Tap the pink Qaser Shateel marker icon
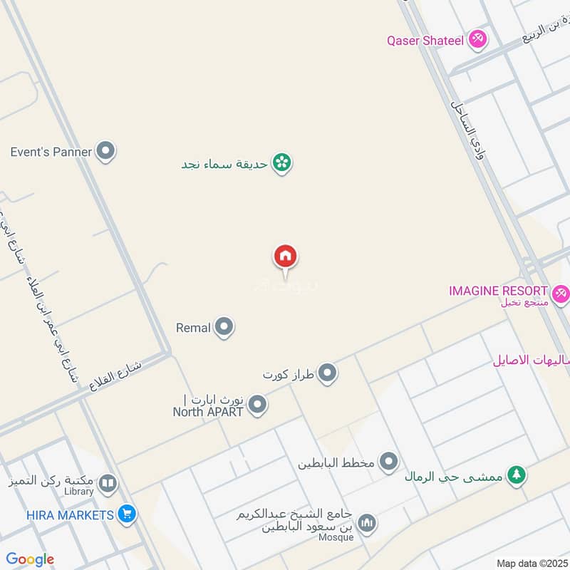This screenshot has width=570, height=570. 477,40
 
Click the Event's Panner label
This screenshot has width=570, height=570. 51,152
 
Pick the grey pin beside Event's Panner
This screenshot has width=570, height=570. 106,151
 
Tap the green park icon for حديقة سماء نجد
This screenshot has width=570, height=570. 283,163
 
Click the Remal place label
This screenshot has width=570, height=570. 193,328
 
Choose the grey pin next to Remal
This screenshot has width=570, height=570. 224,327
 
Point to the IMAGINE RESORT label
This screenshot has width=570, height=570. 498,291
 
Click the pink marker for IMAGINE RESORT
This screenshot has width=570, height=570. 560,292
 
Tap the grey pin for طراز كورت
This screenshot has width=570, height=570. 327,373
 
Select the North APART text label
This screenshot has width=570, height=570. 208,411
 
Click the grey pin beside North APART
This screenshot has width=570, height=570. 258,405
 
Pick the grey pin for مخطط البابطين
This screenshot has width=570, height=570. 388,462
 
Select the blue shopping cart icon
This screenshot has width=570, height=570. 127,514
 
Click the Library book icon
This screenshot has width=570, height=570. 108,484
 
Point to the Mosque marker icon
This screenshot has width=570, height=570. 366,524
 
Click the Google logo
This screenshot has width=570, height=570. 30,559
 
